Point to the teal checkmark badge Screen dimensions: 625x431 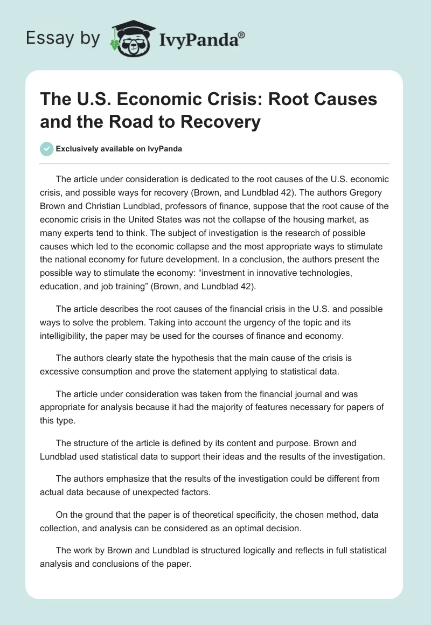(46, 149)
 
